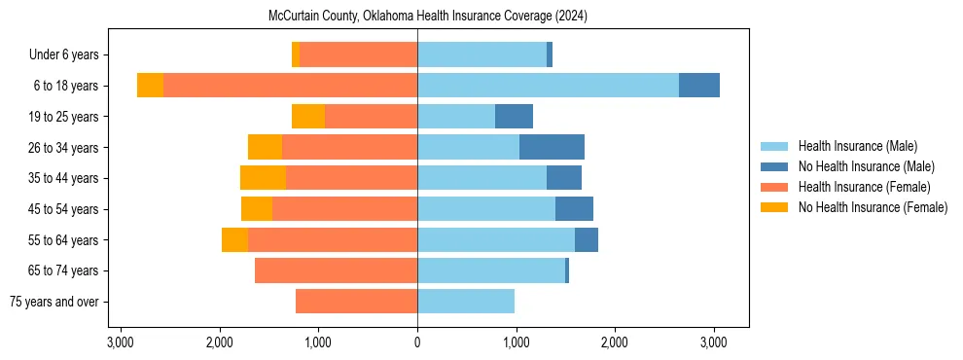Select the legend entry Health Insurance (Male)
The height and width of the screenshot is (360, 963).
click(x=857, y=146)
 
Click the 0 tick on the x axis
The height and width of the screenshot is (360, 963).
click(x=417, y=342)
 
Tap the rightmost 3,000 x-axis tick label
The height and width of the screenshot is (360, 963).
click(x=714, y=342)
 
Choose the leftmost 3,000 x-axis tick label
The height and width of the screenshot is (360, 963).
click(x=121, y=342)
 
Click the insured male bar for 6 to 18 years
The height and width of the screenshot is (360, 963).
click(x=548, y=86)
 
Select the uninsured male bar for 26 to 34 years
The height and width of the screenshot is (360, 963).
click(x=552, y=147)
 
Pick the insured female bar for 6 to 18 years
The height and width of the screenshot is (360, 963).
click(x=290, y=86)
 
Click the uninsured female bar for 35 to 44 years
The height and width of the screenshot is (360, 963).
click(x=263, y=178)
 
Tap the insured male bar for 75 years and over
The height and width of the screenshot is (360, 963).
click(x=466, y=302)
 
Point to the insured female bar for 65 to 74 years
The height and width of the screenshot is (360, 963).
click(x=336, y=270)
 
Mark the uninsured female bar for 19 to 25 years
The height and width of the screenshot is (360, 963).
click(x=308, y=117)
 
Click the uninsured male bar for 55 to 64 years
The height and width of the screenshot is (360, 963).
click(x=587, y=239)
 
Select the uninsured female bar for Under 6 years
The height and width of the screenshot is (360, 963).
click(x=296, y=55)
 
